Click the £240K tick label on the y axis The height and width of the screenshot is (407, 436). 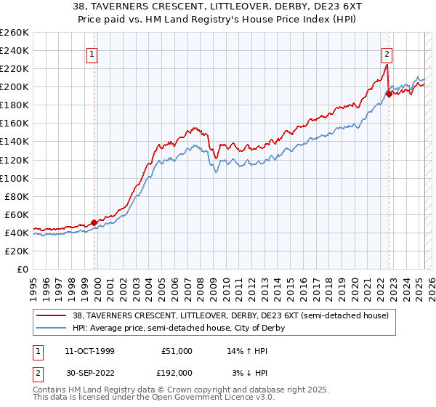[15, 50]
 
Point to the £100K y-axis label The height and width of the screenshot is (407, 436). [15, 178]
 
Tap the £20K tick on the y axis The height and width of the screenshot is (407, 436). [17, 251]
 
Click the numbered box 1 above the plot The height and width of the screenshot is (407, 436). [93, 53]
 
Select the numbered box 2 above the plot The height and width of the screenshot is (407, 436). [387, 53]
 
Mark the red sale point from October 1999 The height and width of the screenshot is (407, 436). [94, 222]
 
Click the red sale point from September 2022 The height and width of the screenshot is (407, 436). [389, 93]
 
